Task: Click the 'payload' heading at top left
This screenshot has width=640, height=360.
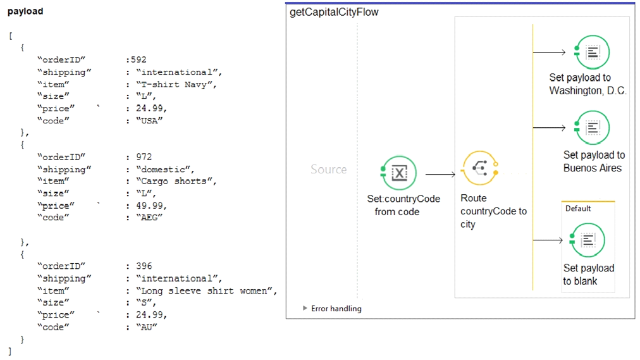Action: pyautogui.click(x=25, y=11)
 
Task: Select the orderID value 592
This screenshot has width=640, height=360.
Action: pyautogui.click(x=138, y=59)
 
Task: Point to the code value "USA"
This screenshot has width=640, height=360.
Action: pyautogui.click(x=149, y=120)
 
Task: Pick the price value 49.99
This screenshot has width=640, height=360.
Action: pyautogui.click(x=149, y=205)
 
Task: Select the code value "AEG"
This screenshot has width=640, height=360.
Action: pyautogui.click(x=149, y=217)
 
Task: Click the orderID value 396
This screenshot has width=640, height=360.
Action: pyautogui.click(x=144, y=266)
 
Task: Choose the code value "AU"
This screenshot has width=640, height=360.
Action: pyautogui.click(x=147, y=327)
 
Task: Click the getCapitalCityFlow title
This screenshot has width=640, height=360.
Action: pyautogui.click(x=334, y=12)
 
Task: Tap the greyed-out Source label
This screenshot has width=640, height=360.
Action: pyautogui.click(x=329, y=169)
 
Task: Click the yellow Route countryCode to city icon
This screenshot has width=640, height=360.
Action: pyautogui.click(x=480, y=168)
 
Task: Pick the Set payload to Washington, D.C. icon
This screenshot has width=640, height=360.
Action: pyautogui.click(x=592, y=53)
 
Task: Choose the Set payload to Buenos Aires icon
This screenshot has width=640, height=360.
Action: pyautogui.click(x=592, y=128)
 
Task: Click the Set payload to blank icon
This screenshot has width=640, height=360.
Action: pyautogui.click(x=588, y=240)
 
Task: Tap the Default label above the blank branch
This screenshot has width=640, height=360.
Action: pyautogui.click(x=578, y=209)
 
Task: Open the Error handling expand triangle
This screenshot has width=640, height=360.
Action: pyautogui.click(x=305, y=308)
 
